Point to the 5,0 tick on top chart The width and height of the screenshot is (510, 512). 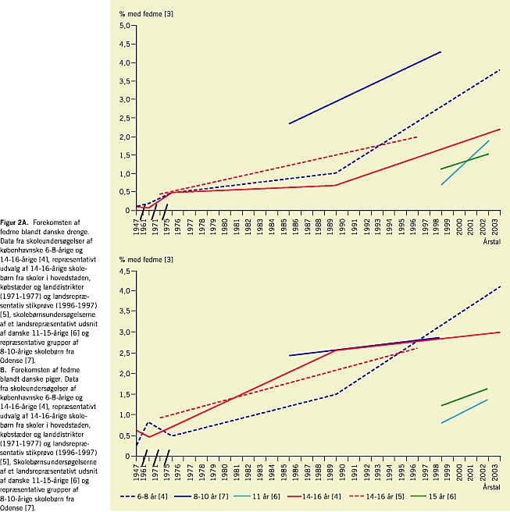coord(123,26)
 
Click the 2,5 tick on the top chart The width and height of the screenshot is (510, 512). coord(123,118)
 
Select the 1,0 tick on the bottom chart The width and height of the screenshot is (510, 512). coord(123,415)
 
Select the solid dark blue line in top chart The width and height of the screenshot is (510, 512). coord(365,87)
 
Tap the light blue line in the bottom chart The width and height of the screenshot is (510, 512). coord(465,411)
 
